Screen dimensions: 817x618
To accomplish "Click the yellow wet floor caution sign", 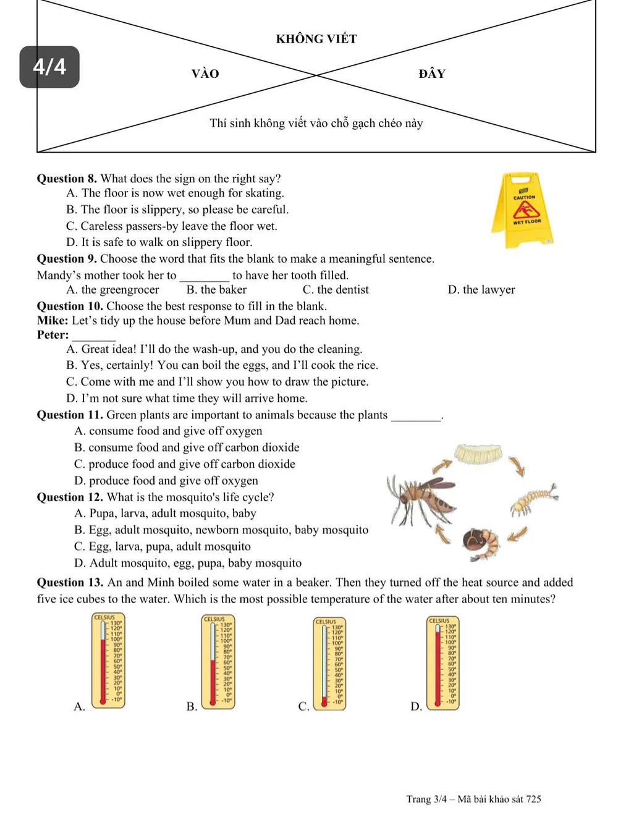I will [523, 210].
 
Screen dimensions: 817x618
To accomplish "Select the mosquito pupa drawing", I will [480, 542].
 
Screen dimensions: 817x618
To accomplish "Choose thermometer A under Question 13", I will [108, 659].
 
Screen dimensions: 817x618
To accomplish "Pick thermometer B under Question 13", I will [218, 661].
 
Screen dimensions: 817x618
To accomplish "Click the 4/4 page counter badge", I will [49, 67].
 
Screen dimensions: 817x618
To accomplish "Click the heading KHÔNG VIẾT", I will [316, 39].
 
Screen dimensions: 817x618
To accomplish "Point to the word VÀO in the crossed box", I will [205, 74].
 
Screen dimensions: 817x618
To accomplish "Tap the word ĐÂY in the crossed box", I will [432, 74].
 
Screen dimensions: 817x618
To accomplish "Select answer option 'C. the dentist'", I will [336, 290].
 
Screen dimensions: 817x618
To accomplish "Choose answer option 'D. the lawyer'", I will [481, 290].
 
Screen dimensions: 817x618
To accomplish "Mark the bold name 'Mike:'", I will [53, 321].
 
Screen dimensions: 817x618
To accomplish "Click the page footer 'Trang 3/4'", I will [426, 799].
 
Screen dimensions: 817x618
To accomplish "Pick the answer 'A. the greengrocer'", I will [112, 290].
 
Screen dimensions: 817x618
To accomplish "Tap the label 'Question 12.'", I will [70, 497].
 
